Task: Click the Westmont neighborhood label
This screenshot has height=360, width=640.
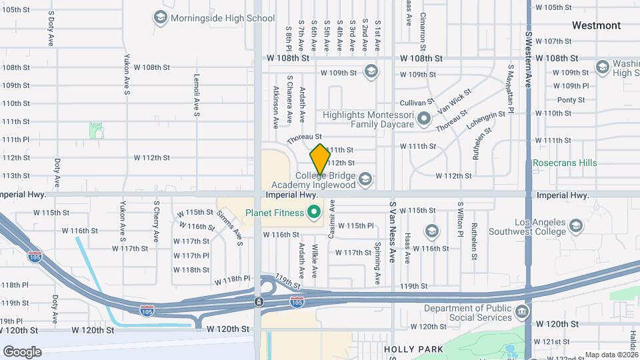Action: point(596,25)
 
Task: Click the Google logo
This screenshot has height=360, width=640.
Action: point(22,351)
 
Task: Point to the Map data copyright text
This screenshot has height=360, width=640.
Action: point(612,355)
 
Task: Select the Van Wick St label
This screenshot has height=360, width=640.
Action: point(453,101)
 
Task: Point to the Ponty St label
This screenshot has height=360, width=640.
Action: point(571,100)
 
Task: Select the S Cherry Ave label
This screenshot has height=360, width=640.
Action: point(157,221)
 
